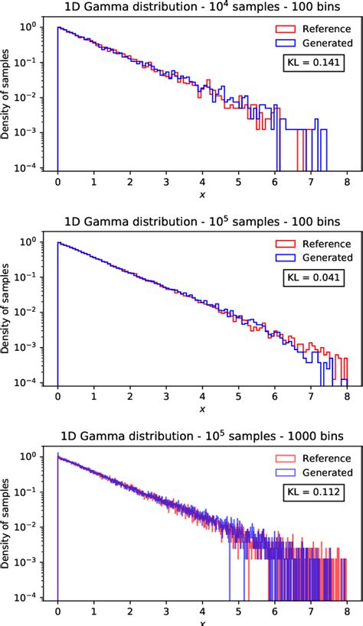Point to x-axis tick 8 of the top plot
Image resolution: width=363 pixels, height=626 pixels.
point(348,183)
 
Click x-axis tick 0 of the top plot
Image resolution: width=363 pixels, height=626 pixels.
point(57,183)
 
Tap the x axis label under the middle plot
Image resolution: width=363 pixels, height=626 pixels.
point(202,410)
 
